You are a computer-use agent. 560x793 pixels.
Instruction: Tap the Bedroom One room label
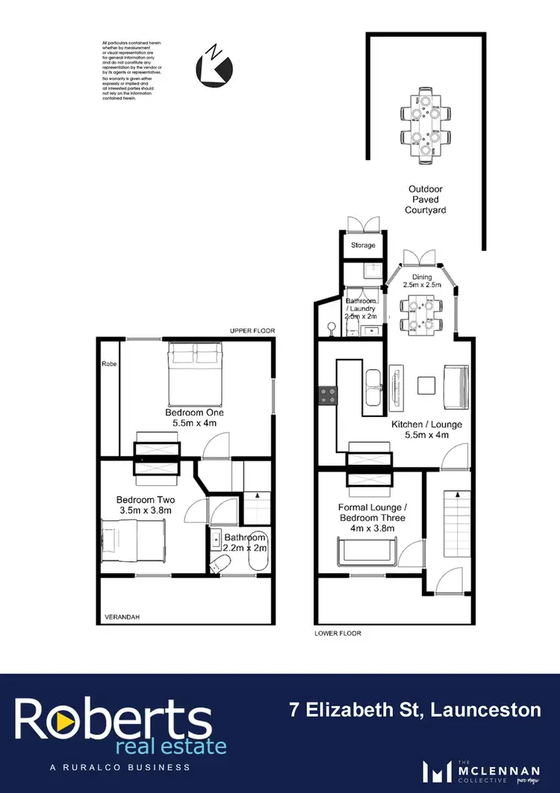tap(195, 412)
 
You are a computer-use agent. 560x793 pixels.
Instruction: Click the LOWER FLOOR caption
tap(337, 633)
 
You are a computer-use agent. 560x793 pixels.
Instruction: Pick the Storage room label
tap(363, 245)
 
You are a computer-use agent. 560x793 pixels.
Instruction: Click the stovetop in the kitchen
tap(327, 395)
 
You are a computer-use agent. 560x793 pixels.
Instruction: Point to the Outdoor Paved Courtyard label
tap(426, 200)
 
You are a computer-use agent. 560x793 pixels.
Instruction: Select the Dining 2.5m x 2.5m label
tap(422, 281)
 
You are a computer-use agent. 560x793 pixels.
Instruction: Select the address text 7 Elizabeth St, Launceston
tap(414, 709)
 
